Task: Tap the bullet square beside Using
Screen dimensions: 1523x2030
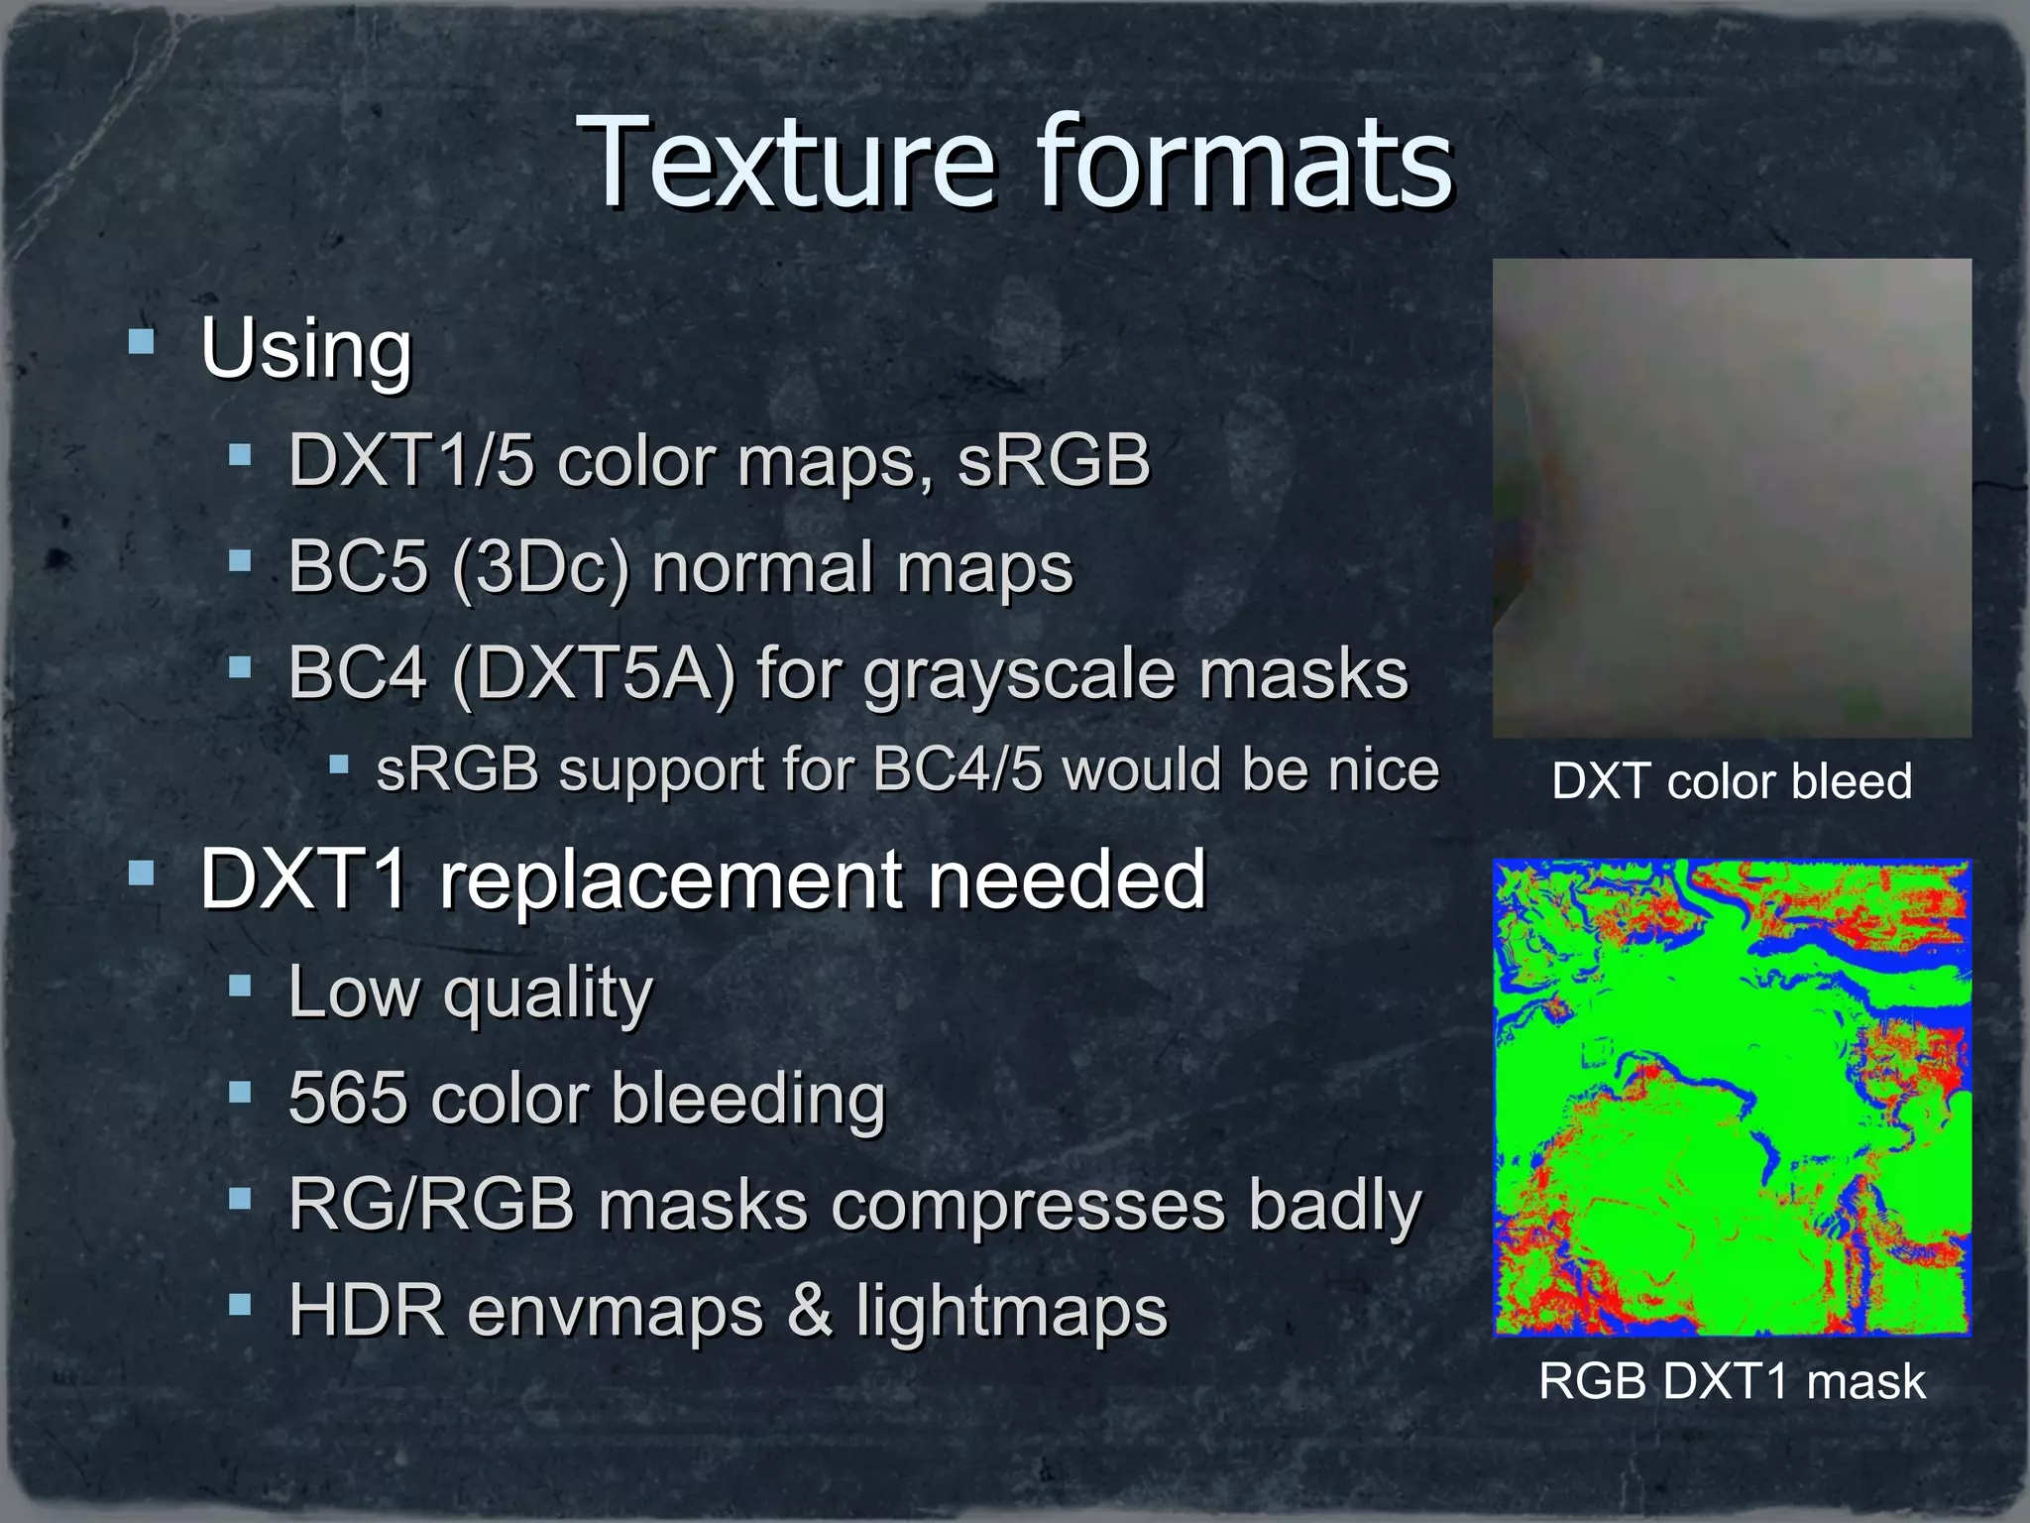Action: tap(142, 342)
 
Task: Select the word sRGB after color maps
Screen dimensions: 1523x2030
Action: tap(1053, 460)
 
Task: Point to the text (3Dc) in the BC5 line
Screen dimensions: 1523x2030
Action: tap(540, 567)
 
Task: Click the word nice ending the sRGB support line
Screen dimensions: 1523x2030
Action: tap(1384, 769)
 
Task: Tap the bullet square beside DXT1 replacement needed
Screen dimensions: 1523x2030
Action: tap(142, 874)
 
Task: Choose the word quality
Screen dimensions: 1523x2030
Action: tap(548, 995)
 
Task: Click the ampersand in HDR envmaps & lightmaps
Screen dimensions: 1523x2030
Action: tap(809, 1310)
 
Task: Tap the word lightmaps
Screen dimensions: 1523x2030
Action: tap(1012, 1312)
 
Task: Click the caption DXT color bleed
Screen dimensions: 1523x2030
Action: tap(1732, 781)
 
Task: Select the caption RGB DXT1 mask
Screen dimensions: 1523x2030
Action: tap(1732, 1381)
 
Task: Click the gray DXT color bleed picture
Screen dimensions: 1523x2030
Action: tap(1732, 498)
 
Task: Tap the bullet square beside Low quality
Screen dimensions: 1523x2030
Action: tap(239, 987)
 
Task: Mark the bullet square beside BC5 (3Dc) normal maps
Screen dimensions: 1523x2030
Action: tap(239, 562)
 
